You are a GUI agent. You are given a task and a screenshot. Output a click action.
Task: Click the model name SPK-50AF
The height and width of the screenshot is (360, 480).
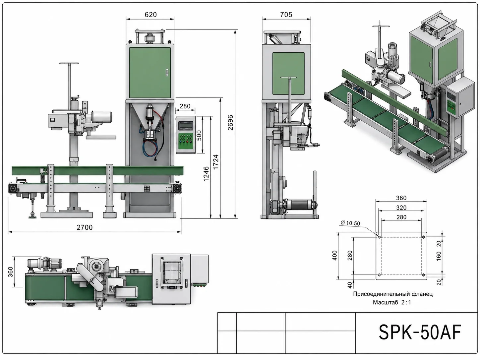point(420,332)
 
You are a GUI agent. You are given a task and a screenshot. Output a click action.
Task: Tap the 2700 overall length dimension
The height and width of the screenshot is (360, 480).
point(85,227)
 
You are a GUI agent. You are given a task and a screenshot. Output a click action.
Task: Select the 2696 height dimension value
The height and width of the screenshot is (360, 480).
point(230,123)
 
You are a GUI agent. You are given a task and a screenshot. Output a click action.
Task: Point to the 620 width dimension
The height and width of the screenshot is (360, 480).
point(151,15)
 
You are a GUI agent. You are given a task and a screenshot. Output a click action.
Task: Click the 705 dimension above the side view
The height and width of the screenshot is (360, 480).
point(286,15)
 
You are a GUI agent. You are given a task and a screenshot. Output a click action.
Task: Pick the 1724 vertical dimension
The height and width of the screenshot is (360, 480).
point(216,162)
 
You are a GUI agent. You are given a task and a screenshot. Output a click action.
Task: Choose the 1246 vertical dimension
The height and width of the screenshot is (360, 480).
point(206,174)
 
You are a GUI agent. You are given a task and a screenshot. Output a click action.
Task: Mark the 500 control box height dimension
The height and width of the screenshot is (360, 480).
point(199,136)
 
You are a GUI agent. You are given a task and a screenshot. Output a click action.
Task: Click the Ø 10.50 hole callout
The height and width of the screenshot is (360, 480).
point(350,223)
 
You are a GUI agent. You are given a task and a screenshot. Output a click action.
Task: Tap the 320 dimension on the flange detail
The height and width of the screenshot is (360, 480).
point(401,208)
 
